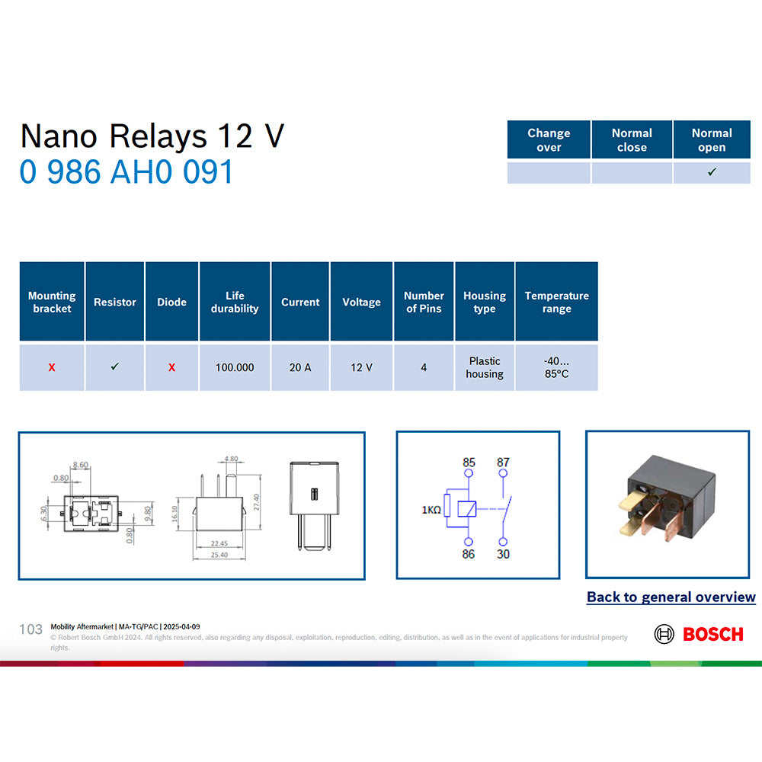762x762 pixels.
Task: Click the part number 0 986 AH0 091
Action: [x=126, y=172]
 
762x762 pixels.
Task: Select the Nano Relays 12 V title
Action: [x=152, y=136]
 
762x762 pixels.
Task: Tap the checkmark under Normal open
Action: [x=712, y=172]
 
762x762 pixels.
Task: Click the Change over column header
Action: [x=549, y=139]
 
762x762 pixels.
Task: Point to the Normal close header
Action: [x=632, y=139]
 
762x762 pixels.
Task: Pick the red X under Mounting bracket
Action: [x=52, y=367]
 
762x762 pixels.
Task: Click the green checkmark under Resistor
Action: [x=115, y=367]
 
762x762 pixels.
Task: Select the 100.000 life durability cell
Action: [x=235, y=367]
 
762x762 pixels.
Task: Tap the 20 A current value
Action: [x=300, y=367]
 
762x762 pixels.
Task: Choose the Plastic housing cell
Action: [x=485, y=367]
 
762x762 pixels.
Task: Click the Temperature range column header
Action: [x=556, y=302]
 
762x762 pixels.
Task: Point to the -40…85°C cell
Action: [x=556, y=367]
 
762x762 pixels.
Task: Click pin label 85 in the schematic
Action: [x=469, y=463]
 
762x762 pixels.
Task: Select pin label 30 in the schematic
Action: [x=503, y=554]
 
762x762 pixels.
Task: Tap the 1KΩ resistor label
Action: [x=431, y=510]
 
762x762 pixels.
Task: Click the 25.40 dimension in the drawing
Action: [x=219, y=555]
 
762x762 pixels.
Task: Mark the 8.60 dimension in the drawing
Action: [x=80, y=464]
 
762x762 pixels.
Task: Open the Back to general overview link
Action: [x=671, y=597]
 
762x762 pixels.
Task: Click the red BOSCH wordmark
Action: [x=712, y=634]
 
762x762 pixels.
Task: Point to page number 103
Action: [x=30, y=629]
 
